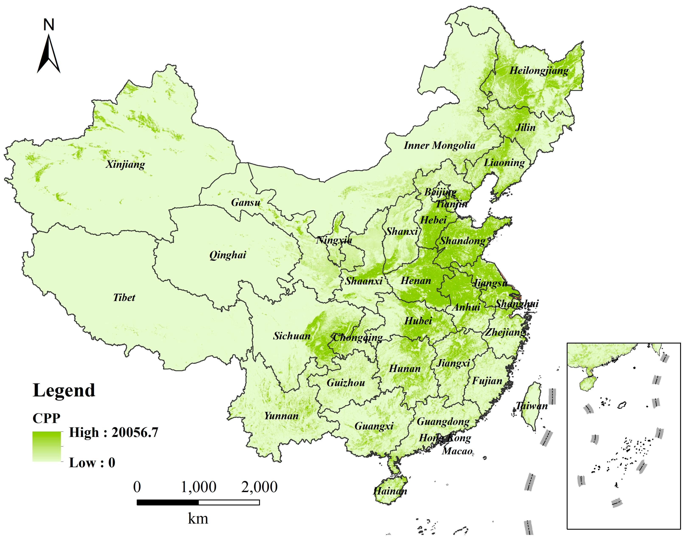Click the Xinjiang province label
125,164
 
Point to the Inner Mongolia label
439,145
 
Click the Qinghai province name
228,255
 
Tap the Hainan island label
390,491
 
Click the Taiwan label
531,406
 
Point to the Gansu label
246,202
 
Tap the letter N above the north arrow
49,25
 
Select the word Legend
64,390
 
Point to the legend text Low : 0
92,463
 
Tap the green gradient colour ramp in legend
46,446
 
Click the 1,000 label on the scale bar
199,487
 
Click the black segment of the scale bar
168,502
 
